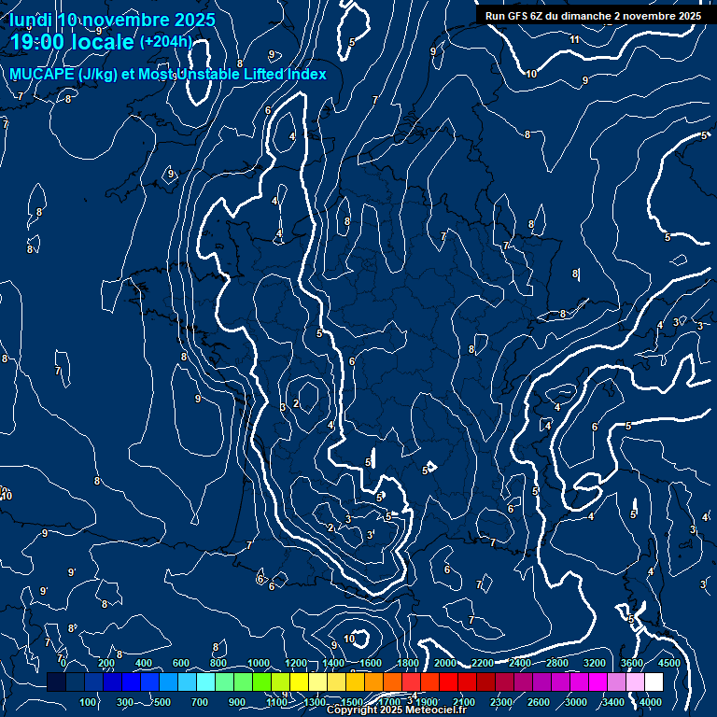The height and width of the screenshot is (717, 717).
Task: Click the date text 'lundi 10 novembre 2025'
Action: click(x=112, y=20)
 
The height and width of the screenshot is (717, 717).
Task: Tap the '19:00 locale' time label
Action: click(x=72, y=42)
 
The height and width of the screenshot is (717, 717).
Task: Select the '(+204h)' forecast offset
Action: click(x=165, y=41)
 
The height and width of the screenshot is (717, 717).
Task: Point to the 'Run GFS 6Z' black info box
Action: click(x=593, y=16)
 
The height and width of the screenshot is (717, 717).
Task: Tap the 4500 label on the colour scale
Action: click(x=669, y=663)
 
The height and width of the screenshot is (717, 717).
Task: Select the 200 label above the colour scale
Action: click(x=106, y=663)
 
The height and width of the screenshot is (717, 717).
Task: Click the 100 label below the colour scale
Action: click(x=89, y=702)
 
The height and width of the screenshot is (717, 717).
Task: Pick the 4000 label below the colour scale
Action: click(x=651, y=702)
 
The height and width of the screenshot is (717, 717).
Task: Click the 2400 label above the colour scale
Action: click(x=520, y=663)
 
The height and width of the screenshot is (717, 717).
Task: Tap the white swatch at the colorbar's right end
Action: click(x=654, y=682)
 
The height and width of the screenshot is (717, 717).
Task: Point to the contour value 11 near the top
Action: click(x=574, y=39)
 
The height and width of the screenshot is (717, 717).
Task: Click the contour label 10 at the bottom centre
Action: click(x=349, y=639)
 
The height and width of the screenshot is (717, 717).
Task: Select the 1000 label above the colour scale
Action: click(x=258, y=663)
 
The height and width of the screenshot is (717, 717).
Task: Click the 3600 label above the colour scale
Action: click(x=632, y=663)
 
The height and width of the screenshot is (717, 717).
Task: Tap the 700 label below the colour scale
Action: click(x=201, y=702)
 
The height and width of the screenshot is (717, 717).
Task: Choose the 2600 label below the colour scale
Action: click(x=539, y=702)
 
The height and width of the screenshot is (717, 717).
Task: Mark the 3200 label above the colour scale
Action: click(x=595, y=663)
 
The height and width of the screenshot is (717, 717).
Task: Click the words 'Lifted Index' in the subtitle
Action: click(x=280, y=75)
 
